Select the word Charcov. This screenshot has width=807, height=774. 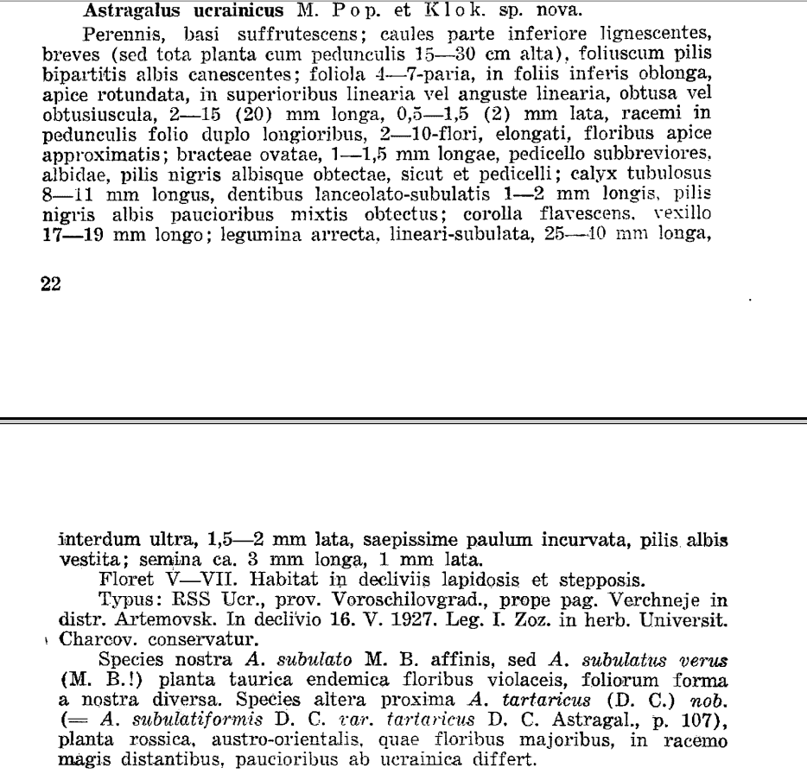(x=91, y=640)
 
